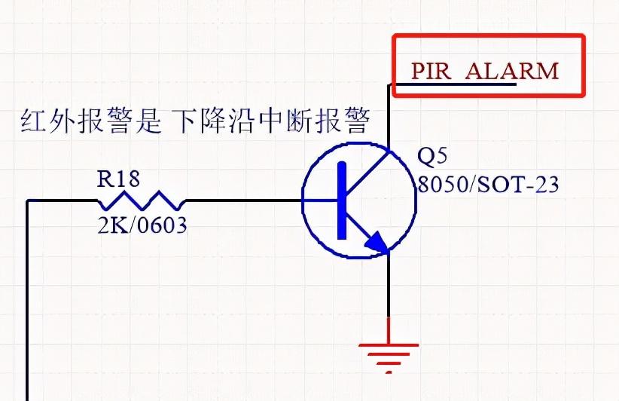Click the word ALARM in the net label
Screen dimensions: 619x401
(512, 72)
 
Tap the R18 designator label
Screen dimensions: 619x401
(118, 179)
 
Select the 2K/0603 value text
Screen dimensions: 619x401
(142, 225)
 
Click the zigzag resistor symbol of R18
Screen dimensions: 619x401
(141, 200)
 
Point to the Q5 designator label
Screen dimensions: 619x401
(433, 156)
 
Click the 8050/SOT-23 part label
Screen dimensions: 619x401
(489, 184)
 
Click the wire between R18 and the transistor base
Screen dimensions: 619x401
(241, 200)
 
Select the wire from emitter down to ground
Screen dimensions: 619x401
(389, 294)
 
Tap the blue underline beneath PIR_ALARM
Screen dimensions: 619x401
(456, 84)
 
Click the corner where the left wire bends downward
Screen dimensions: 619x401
(28, 201)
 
